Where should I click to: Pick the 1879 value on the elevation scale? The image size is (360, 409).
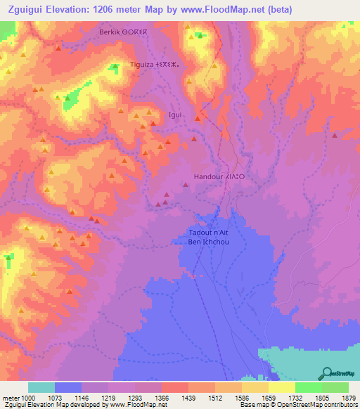[x=349, y=398]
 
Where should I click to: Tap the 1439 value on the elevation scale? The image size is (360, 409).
[x=188, y=398]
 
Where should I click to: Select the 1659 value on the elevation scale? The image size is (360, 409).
[x=269, y=398]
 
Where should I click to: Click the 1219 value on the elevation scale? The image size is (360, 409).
[x=108, y=398]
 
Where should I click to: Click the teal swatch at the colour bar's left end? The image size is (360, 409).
[x=41, y=387]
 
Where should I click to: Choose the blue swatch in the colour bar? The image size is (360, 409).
[x=68, y=387]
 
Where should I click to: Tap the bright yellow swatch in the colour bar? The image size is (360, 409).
[x=282, y=387]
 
